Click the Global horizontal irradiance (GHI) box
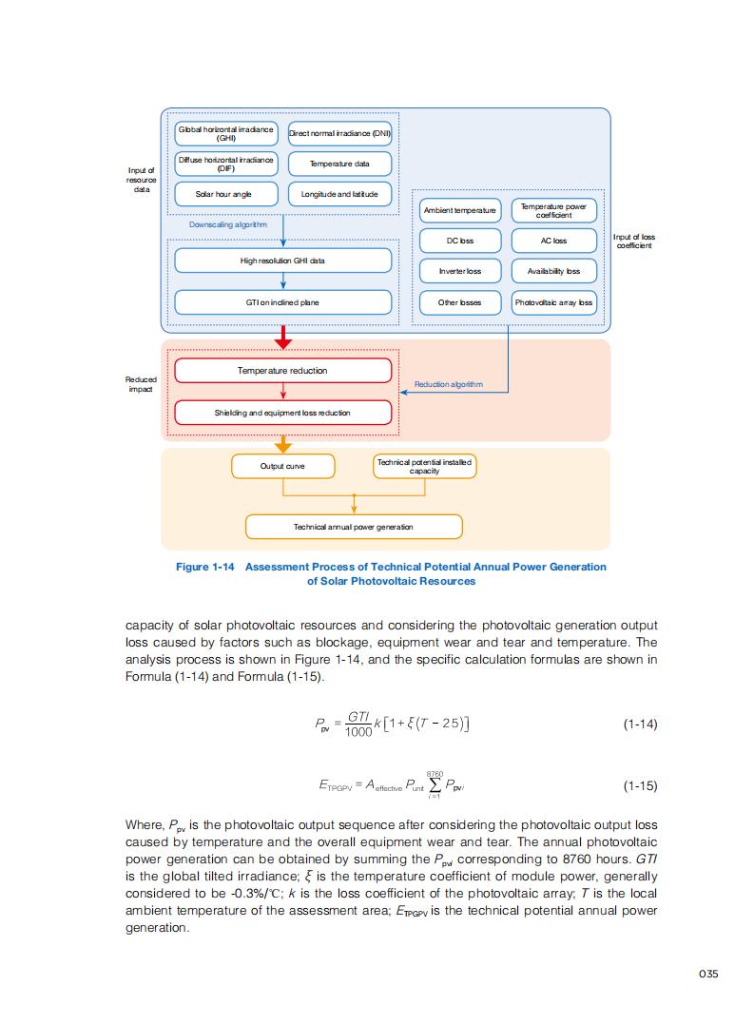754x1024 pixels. point(225,133)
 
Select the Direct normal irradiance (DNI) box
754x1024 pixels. point(339,133)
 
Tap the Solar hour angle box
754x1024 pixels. point(225,194)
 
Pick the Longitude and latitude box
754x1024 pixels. point(339,194)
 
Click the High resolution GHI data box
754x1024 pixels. point(283,260)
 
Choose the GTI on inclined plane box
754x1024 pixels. point(283,302)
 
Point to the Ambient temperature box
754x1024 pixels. point(460,210)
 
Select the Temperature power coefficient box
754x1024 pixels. point(553,210)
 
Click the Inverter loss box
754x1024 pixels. point(460,271)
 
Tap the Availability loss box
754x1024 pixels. point(553,271)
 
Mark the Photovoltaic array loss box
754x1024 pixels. point(553,302)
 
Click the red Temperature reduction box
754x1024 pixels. point(283,371)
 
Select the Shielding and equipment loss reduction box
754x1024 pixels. point(283,413)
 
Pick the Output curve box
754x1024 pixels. point(283,466)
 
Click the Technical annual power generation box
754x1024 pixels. point(354,527)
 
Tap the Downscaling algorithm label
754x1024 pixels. point(228,225)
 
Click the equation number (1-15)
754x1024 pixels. point(640,786)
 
